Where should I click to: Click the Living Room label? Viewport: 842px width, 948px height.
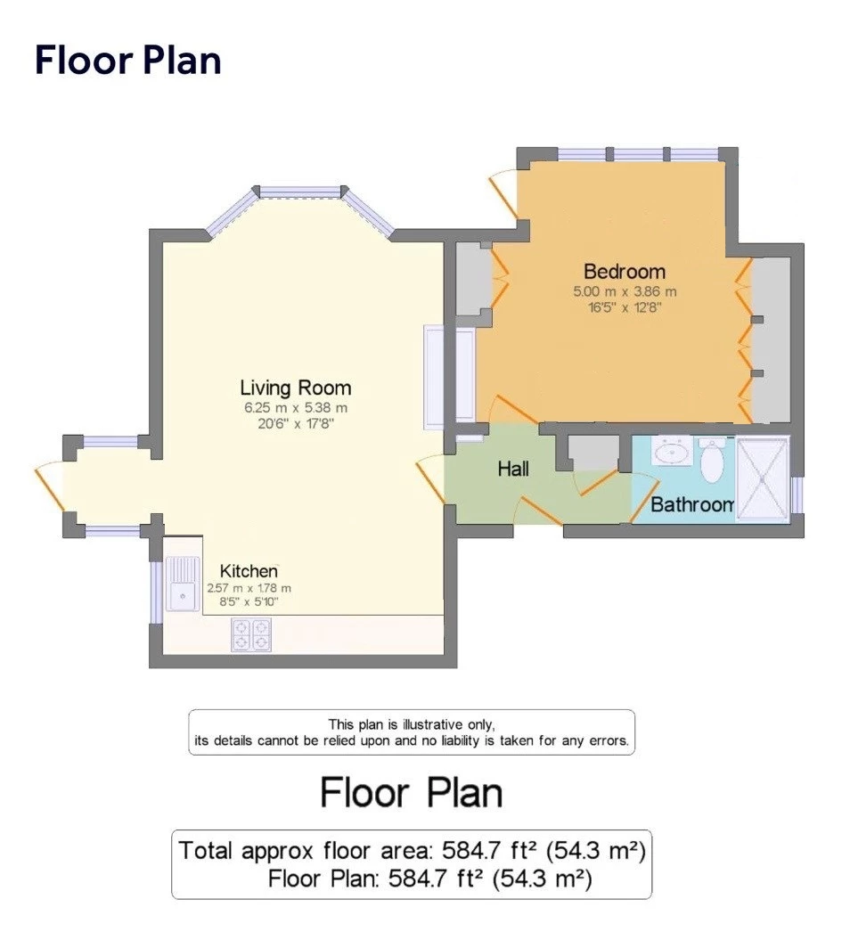tap(295, 388)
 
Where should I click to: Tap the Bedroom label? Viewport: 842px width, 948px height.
tap(624, 271)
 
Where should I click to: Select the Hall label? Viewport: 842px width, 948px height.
tap(513, 468)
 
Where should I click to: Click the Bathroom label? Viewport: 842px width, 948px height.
tap(691, 504)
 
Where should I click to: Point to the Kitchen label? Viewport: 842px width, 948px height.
tap(249, 570)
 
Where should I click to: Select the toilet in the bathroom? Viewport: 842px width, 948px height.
tap(713, 461)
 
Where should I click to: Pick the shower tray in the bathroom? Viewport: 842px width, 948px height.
tap(762, 478)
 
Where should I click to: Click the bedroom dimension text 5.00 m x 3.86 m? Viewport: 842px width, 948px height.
tap(625, 291)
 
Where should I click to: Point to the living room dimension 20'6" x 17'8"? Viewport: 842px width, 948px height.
tap(295, 424)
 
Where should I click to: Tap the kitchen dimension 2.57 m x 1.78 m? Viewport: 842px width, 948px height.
tap(249, 588)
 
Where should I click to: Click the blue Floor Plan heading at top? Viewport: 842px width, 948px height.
tap(127, 61)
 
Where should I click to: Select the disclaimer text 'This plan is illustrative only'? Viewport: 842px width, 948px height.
tap(411, 724)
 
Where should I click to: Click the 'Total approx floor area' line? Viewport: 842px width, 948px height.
tap(412, 849)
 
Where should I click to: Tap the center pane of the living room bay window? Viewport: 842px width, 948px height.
tap(300, 192)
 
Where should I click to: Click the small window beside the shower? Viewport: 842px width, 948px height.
tap(797, 495)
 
